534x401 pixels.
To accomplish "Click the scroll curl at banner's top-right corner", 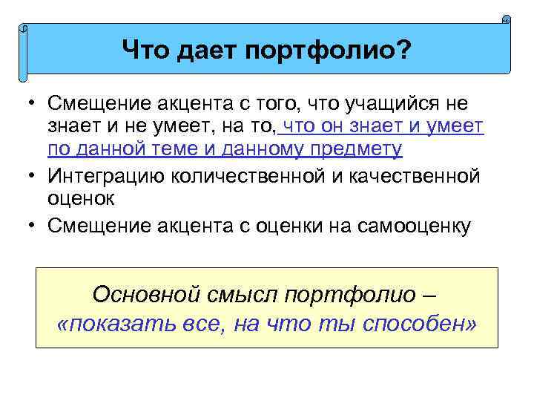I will point(507,19).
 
